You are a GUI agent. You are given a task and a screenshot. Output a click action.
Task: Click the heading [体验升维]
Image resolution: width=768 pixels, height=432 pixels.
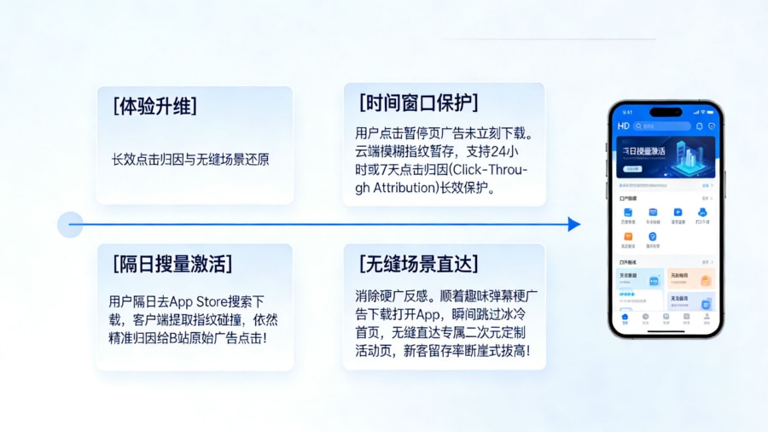154,107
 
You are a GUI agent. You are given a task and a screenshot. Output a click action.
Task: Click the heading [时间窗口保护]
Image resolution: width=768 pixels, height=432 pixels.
418,103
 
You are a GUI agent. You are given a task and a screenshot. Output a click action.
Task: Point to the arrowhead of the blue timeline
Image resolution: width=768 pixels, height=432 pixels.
574,225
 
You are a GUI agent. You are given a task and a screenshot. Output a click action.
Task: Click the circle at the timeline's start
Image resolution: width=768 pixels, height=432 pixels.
70,225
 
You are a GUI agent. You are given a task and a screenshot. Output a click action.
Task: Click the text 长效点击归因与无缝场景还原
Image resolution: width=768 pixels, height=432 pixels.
190,160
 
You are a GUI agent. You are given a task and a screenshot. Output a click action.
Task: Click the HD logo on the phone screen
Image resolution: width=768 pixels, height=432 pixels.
623,126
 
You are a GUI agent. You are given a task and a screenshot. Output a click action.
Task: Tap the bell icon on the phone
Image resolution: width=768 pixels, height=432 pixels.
700,126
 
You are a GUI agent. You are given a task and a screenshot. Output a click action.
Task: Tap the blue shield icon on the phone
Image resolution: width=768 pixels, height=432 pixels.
653,236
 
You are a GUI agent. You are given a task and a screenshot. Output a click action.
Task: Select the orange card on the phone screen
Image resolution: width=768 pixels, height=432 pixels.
692,278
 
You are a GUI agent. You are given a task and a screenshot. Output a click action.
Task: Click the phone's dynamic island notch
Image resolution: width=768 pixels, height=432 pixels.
666,112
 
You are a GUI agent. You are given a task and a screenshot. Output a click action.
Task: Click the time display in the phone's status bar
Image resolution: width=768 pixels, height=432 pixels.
628,113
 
